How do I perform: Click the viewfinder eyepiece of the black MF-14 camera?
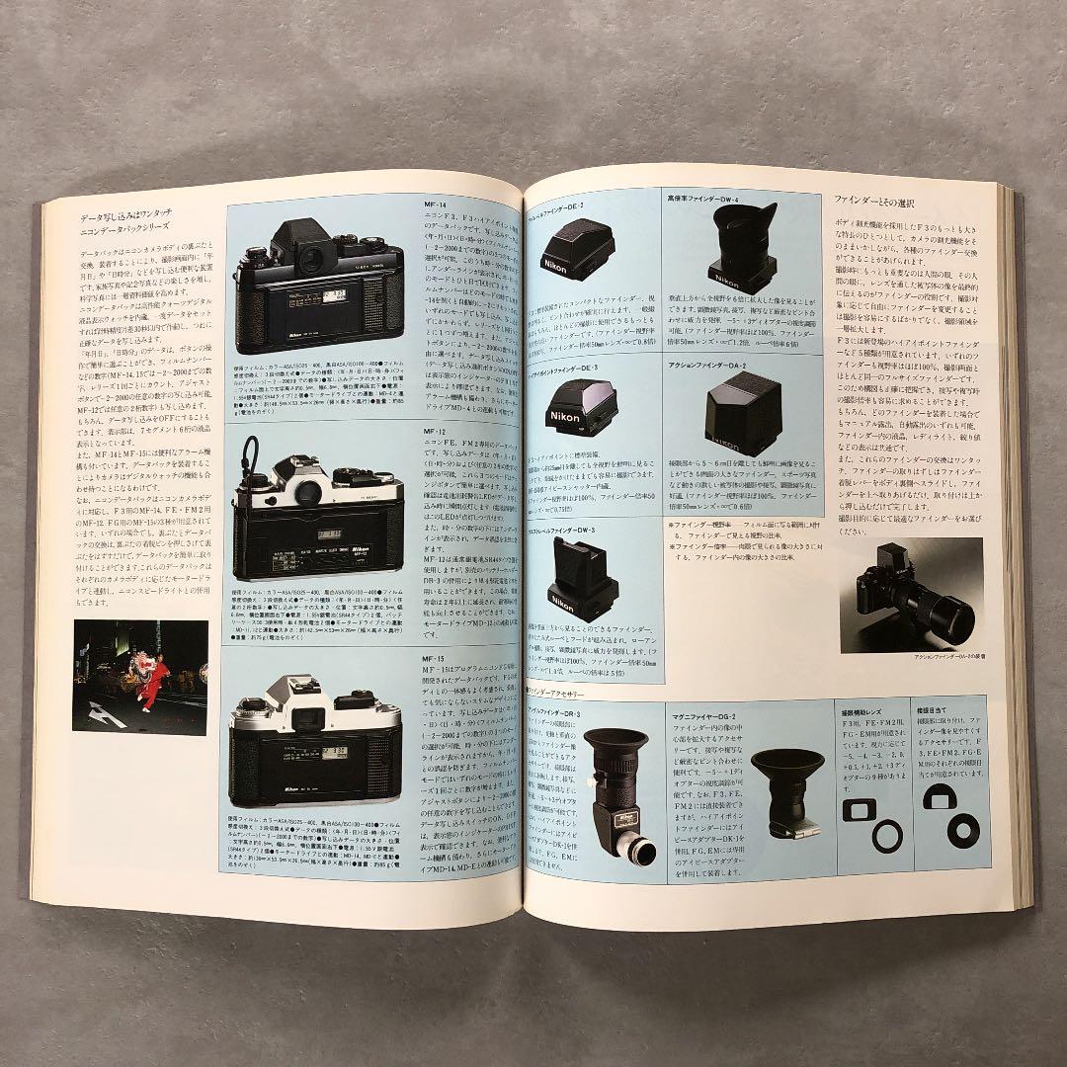click(315, 263)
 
